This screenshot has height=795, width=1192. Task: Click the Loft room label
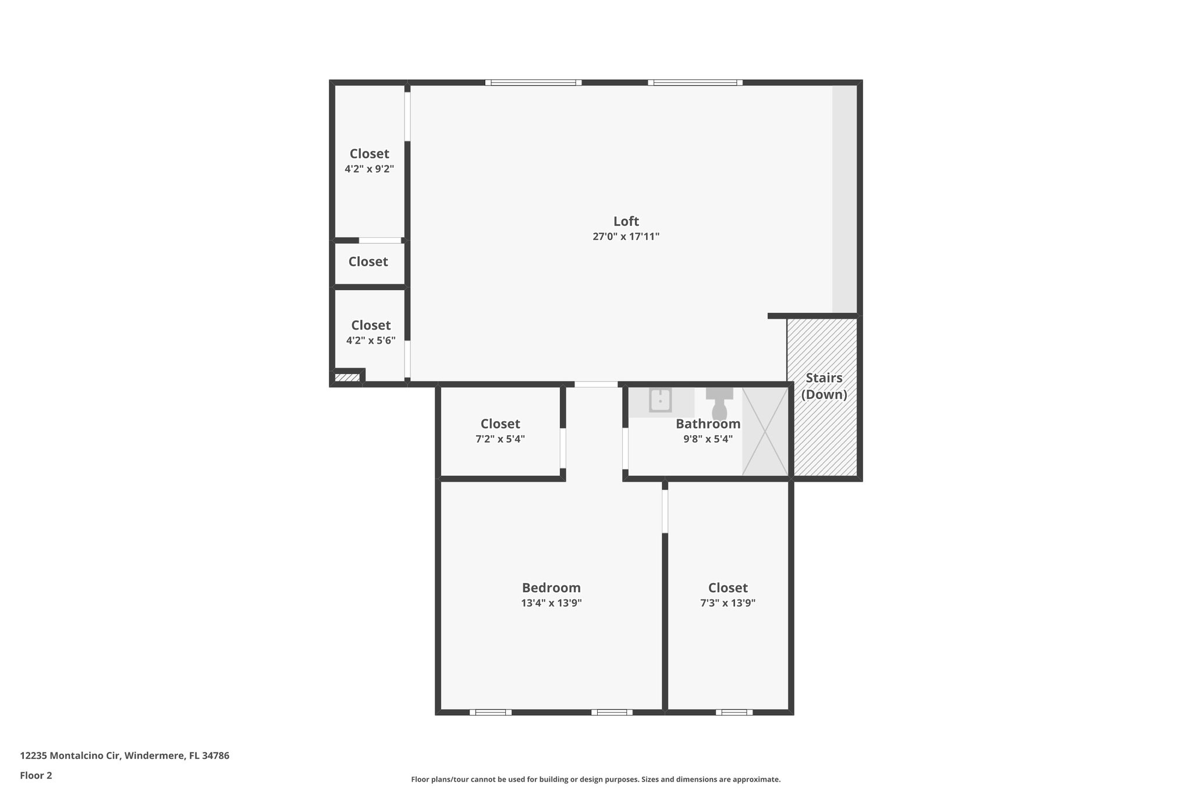(626, 221)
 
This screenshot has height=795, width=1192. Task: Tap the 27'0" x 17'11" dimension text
(626, 237)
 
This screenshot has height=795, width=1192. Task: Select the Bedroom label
(551, 588)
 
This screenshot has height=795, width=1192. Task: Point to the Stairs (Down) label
(824, 386)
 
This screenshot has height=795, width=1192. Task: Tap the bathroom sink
(661, 400)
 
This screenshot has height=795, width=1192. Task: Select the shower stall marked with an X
(765, 431)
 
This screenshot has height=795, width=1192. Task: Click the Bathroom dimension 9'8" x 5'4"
(708, 439)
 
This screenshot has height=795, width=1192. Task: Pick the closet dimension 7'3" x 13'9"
(728, 603)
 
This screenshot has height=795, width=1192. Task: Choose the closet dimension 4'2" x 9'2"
(369, 169)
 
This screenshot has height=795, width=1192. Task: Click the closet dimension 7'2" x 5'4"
(500, 439)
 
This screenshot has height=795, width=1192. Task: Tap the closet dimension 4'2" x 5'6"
(371, 341)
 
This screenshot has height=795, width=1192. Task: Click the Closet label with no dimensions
(368, 262)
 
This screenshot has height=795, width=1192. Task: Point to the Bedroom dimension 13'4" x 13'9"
(551, 603)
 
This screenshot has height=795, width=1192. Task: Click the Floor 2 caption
(36, 775)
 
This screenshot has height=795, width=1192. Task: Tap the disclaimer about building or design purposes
(595, 779)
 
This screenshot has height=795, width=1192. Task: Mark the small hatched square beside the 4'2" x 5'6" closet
(347, 377)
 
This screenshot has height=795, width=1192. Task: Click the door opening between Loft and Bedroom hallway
(596, 384)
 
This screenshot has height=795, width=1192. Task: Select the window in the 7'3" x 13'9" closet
(734, 712)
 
